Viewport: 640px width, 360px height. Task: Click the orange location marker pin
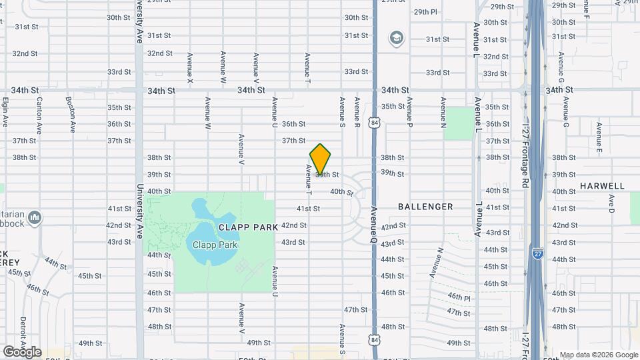coord(321,159)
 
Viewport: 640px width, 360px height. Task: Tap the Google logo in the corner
coord(22,351)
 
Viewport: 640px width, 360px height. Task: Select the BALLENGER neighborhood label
coord(425,207)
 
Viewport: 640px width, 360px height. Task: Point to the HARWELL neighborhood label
coord(602,186)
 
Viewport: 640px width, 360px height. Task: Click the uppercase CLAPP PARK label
coord(247,227)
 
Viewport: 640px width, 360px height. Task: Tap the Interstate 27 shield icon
coord(537,252)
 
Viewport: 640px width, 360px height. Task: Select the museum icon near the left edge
coord(35,217)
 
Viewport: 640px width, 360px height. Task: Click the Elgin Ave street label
coord(5,112)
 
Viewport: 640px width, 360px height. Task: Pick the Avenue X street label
coord(191,68)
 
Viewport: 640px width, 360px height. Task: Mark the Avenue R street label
coord(357,113)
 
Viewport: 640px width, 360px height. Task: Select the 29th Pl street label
coord(425,11)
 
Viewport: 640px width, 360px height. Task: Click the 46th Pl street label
coord(459,297)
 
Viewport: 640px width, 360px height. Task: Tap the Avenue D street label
coord(611,208)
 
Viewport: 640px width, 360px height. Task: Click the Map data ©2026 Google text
coord(598,355)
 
